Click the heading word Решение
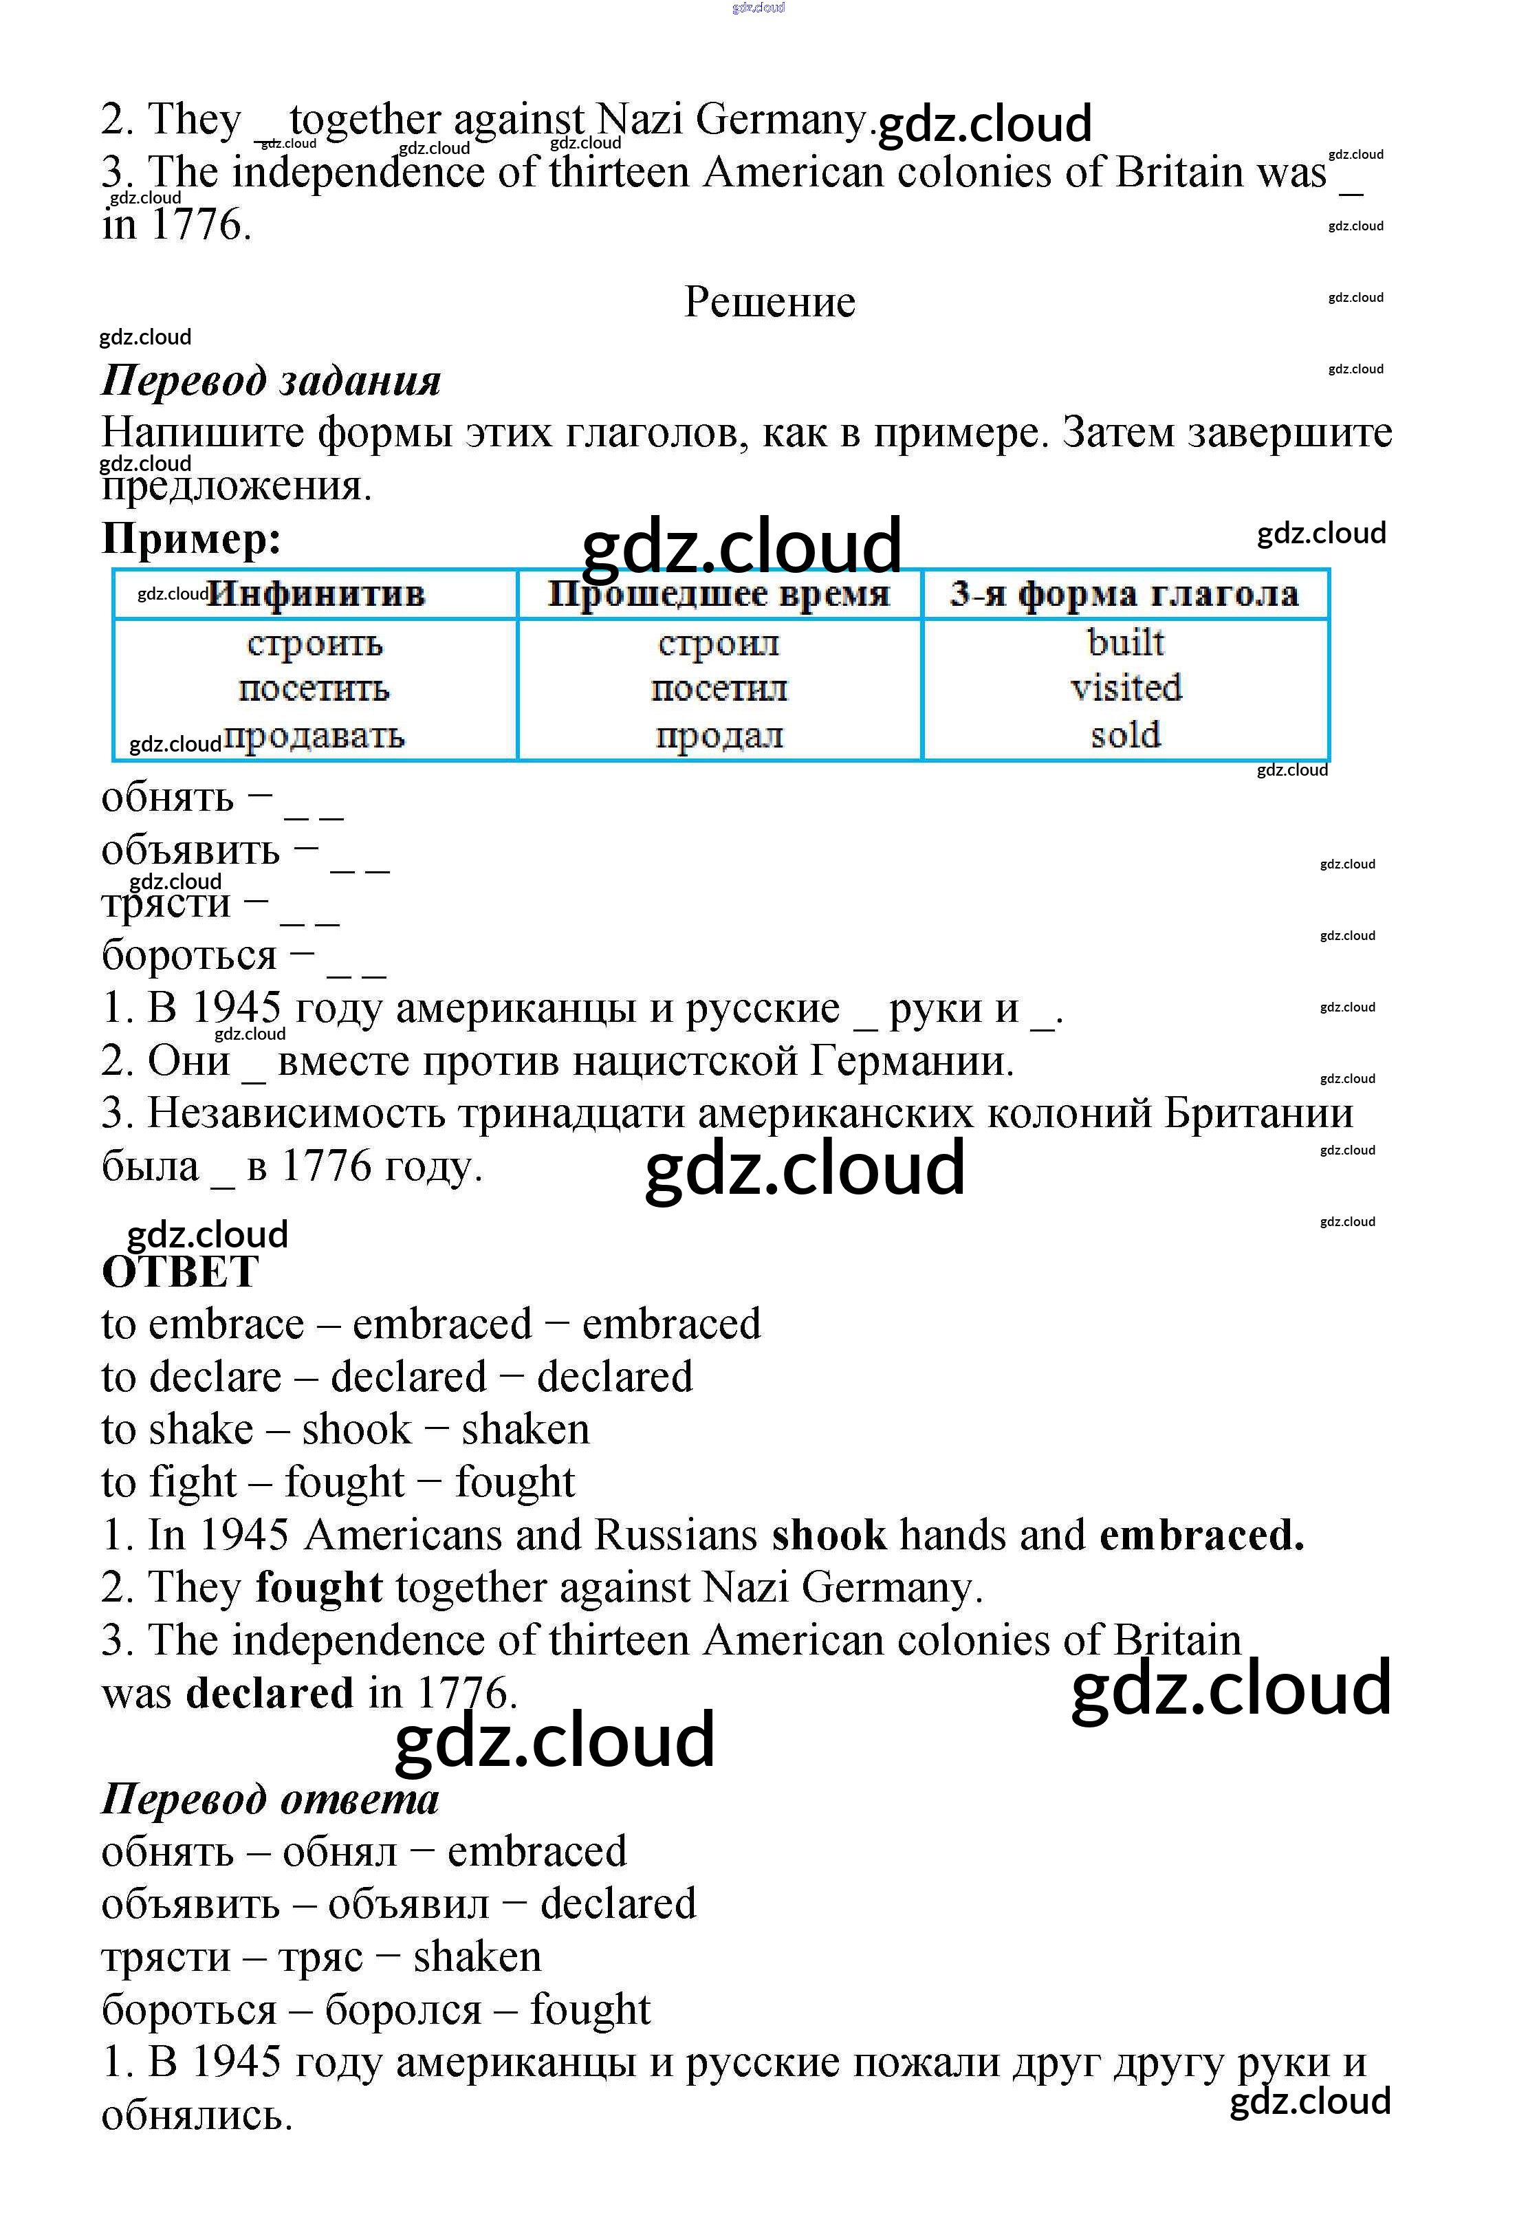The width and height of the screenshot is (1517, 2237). pyautogui.click(x=769, y=303)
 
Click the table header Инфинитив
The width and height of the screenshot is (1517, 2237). pyautogui.click(x=316, y=594)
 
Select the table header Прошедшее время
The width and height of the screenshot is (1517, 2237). pyautogui.click(x=719, y=594)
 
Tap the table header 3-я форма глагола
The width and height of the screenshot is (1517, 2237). pyautogui.click(x=1124, y=594)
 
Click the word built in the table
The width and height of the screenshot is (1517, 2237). pyautogui.click(x=1125, y=642)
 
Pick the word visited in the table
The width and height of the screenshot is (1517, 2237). pyautogui.click(x=1125, y=687)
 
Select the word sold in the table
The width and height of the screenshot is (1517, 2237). pyautogui.click(x=1125, y=734)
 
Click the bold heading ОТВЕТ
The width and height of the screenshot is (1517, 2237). pyautogui.click(x=180, y=1272)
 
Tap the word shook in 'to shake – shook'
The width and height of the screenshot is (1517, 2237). pyautogui.click(x=356, y=1430)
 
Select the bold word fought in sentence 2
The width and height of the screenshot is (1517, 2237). pyautogui.click(x=318, y=1587)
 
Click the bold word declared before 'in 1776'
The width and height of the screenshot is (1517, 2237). pyautogui.click(x=270, y=1693)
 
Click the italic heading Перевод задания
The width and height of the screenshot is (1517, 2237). pyautogui.click(x=270, y=380)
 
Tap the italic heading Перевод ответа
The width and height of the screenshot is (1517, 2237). pyautogui.click(x=270, y=1799)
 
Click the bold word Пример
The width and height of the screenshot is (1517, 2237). pyautogui.click(x=190, y=539)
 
